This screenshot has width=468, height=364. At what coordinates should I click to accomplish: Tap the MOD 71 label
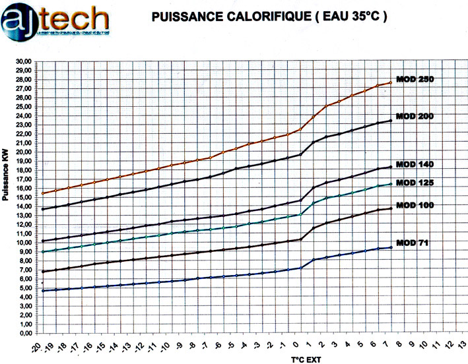coord(412,243)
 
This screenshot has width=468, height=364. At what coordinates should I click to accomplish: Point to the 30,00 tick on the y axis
coord(23,61)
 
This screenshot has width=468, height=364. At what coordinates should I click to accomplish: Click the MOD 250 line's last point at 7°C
coord(391,82)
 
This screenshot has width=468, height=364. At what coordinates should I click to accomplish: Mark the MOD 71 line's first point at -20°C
coord(43,291)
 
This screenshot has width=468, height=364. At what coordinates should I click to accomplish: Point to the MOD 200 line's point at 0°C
coord(300,154)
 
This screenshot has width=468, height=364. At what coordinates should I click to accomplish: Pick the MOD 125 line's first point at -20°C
coord(43,252)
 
